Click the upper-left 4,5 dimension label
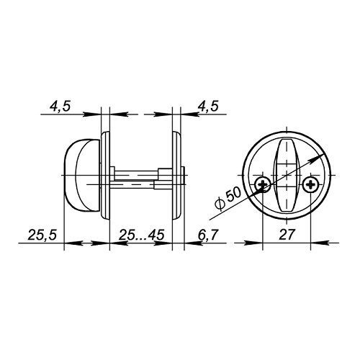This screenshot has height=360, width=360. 60,107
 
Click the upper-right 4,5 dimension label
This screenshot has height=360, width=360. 208,107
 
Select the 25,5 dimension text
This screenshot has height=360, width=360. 42,235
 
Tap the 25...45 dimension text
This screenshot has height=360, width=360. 142,235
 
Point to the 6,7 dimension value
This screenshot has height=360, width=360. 208,235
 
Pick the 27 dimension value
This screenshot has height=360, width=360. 287,235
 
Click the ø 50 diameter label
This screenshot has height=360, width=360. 228,199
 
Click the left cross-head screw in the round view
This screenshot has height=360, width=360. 263,185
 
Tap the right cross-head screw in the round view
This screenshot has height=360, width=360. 310,185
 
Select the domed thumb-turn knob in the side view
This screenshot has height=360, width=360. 81,175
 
